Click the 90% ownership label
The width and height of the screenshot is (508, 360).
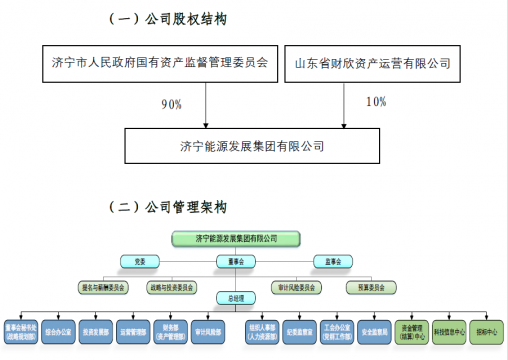pyautogui.click(x=171, y=103)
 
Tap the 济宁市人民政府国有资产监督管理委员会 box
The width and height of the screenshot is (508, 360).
pyautogui.click(x=160, y=63)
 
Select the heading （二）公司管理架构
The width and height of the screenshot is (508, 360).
pyautogui.click(x=169, y=207)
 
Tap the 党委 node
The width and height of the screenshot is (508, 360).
pyautogui.click(x=141, y=261)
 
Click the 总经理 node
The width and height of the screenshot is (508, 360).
pyautogui.click(x=236, y=297)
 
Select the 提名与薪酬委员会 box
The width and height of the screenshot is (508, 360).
pyautogui.click(x=104, y=286)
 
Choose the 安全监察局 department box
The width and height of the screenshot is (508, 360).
pyautogui.click(x=367, y=330)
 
